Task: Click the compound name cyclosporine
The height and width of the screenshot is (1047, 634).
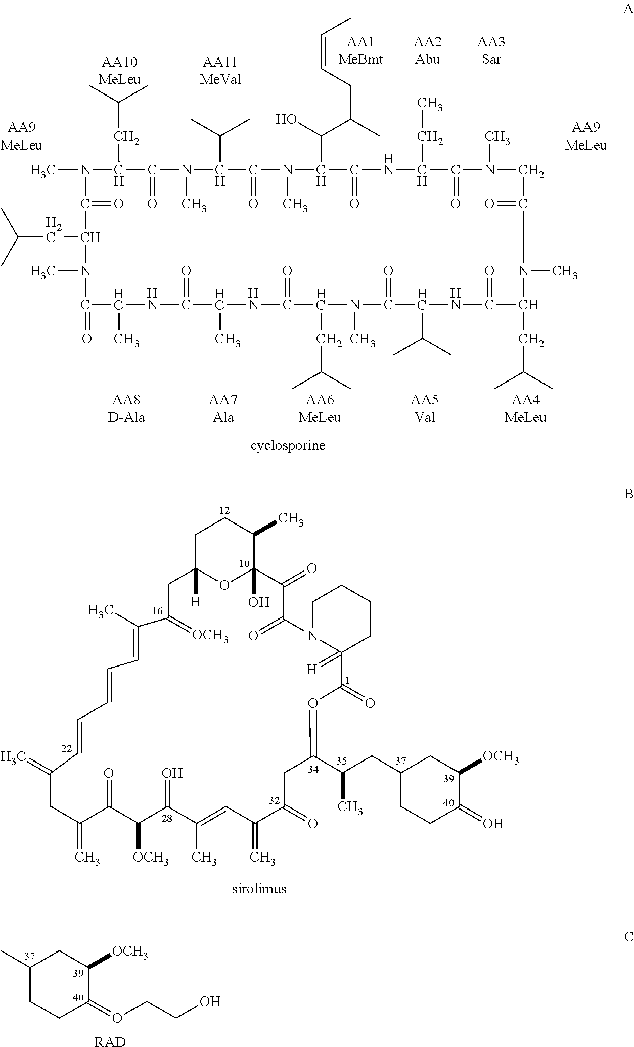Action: [288, 446]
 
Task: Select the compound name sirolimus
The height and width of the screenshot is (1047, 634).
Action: [259, 903]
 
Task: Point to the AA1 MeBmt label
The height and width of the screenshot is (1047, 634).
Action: [360, 51]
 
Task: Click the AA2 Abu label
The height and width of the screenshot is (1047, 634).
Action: [427, 51]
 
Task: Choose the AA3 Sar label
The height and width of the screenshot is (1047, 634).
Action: [491, 51]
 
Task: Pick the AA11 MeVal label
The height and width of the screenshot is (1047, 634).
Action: [220, 71]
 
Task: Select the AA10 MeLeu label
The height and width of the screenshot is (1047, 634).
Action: [119, 71]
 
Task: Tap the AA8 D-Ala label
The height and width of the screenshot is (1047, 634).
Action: [126, 409]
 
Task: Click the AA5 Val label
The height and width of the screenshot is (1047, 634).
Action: [424, 409]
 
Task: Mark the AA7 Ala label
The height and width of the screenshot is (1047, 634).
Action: [223, 409]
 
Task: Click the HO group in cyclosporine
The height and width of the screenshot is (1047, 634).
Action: [286, 120]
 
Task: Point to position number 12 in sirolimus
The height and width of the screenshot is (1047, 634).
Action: [225, 510]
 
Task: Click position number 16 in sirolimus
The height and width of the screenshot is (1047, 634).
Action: [157, 611]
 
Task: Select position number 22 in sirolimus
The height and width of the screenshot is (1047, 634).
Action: [66, 748]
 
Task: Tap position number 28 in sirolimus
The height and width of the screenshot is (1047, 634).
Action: [167, 819]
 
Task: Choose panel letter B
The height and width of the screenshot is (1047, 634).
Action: [628, 494]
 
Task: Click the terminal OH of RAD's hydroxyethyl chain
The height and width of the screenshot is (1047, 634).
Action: [210, 1001]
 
